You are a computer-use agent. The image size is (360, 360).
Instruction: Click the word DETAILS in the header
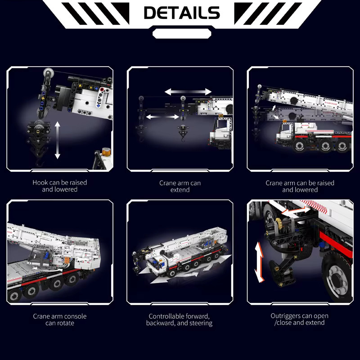(182, 13)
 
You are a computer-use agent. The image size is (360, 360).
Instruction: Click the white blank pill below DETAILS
(182, 34)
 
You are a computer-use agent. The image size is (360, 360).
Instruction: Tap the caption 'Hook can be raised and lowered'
(60, 186)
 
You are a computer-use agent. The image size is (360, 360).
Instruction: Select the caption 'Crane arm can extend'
(180, 186)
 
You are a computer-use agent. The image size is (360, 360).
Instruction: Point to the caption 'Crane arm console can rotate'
(60, 319)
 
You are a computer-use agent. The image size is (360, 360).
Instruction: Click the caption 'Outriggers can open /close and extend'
(299, 319)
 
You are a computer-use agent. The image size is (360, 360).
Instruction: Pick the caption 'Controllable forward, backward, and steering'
(179, 319)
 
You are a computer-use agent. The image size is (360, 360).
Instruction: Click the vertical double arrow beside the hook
(58, 140)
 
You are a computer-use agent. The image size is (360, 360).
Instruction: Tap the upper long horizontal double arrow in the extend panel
(188, 92)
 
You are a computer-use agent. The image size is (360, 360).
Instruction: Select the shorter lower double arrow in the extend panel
(162, 117)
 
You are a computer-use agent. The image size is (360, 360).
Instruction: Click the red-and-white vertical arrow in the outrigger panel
(260, 262)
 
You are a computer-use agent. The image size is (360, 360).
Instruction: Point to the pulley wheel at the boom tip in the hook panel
(48, 73)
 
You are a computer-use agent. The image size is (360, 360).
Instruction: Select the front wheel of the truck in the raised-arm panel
(299, 146)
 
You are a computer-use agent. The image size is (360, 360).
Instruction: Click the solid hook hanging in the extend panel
(183, 133)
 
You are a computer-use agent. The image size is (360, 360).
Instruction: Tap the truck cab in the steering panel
(157, 264)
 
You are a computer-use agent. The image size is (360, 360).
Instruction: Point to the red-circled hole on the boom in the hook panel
(102, 90)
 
